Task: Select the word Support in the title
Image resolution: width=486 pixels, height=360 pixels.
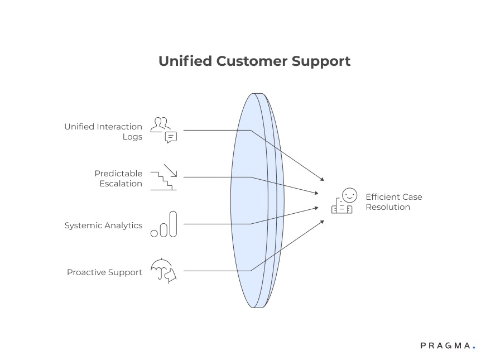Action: coord(321,61)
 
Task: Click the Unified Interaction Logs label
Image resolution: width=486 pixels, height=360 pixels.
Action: coord(103,132)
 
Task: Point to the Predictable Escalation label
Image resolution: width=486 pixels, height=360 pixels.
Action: coord(118,179)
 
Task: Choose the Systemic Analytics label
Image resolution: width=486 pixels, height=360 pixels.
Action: coord(103,225)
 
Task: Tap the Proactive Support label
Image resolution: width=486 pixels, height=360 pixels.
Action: coord(104,272)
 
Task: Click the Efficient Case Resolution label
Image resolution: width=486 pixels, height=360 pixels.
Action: coord(393,201)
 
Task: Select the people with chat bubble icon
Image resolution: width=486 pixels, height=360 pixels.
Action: coord(163,130)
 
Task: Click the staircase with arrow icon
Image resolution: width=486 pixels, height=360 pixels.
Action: coord(163,177)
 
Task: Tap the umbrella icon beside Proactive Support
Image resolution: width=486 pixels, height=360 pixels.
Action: coord(163,271)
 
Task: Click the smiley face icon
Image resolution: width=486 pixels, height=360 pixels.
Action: coord(349,195)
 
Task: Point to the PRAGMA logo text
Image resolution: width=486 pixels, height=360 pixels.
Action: coord(445,346)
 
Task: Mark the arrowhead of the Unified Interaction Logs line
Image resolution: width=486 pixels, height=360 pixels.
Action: coord(322,179)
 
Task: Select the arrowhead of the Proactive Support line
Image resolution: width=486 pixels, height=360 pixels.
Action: coord(322,222)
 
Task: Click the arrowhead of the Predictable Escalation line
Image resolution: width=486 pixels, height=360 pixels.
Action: coord(316,194)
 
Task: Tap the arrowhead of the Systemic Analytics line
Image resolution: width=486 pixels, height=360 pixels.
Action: coord(316,207)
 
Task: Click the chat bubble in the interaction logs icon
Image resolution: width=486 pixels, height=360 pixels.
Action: coord(171,137)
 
